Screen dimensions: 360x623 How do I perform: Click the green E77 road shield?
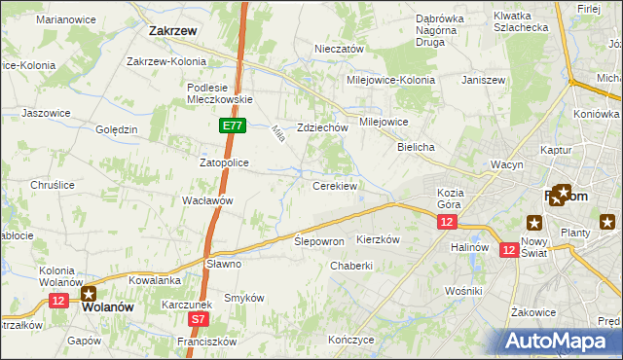(x=232, y=126)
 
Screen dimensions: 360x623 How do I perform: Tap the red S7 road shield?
(x=198, y=318)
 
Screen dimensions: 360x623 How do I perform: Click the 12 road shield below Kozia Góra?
(x=446, y=223)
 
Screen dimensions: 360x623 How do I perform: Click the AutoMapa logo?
(x=559, y=340)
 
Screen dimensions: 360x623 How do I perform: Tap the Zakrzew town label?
(x=174, y=30)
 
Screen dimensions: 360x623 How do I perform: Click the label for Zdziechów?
(x=322, y=127)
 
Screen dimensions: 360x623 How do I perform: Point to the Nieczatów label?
(x=339, y=49)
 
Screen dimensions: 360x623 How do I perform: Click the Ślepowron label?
(x=319, y=240)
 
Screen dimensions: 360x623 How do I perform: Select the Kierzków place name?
(x=379, y=238)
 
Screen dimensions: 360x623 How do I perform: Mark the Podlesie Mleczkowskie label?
(x=220, y=92)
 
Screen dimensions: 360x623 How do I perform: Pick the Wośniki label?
(x=462, y=291)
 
